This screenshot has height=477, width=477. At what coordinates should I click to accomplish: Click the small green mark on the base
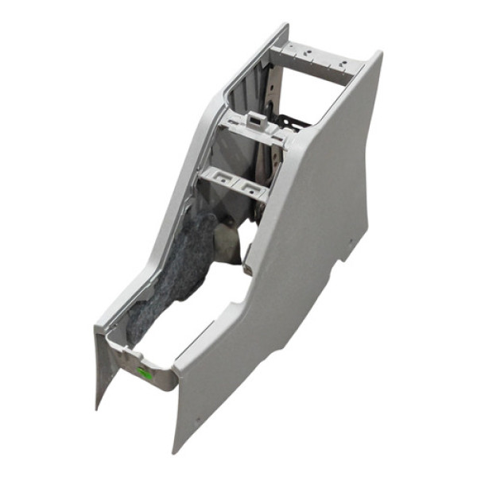(x=144, y=370)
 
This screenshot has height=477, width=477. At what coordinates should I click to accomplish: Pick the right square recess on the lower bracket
(x=253, y=188)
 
